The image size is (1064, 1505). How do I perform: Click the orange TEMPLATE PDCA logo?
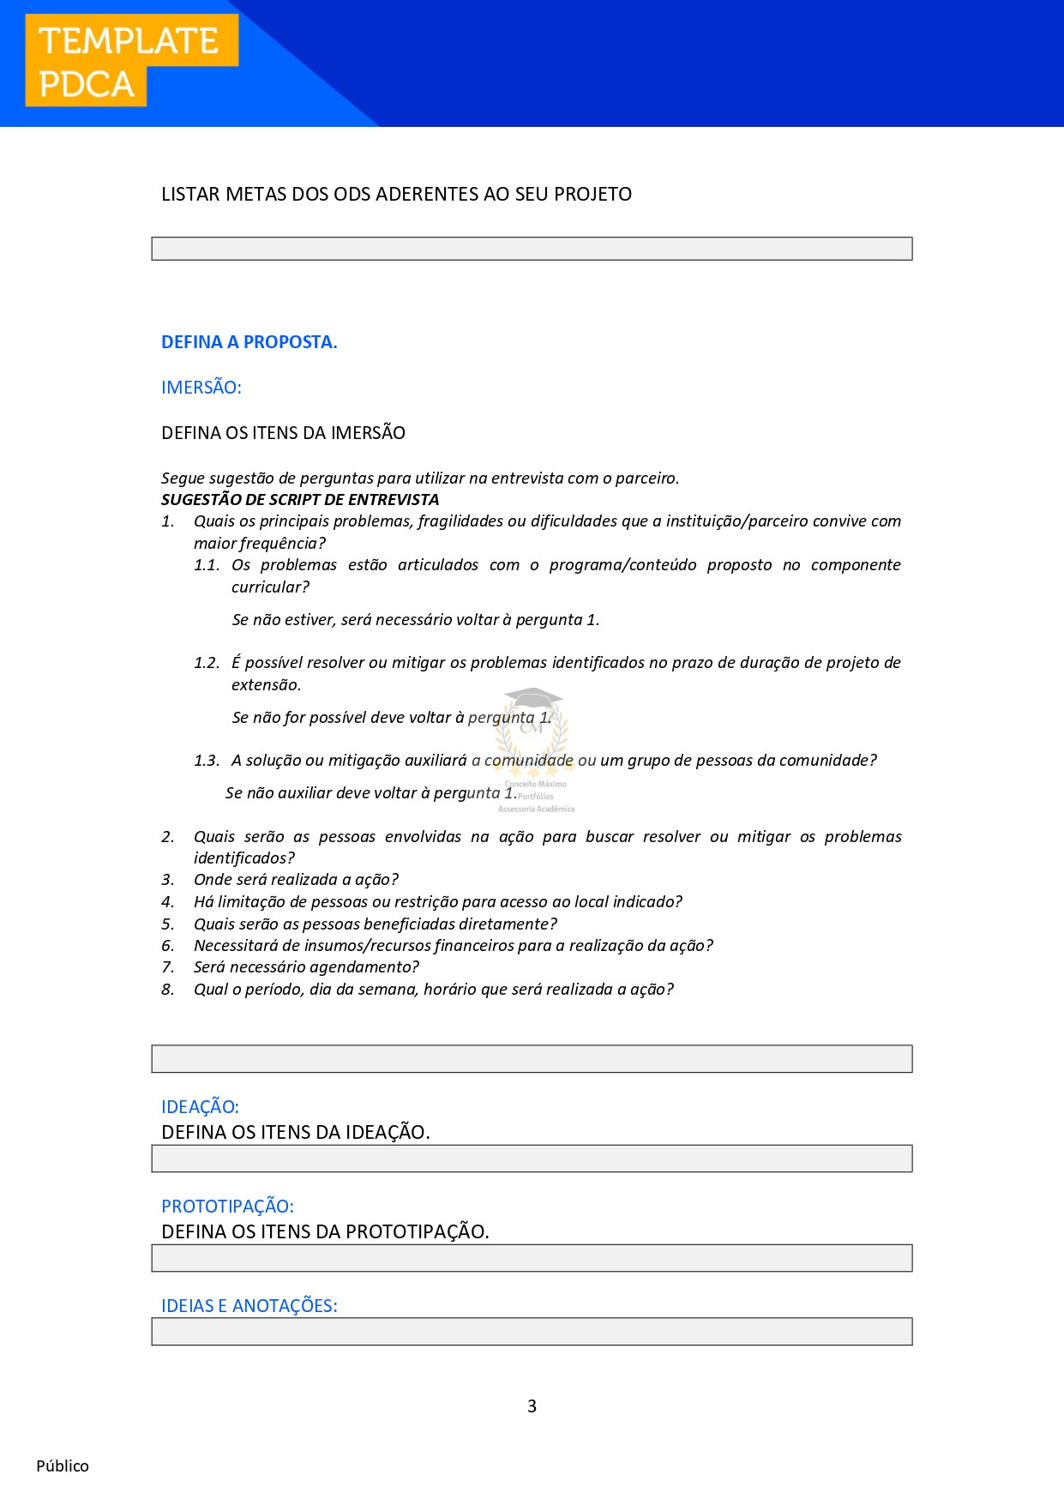click(130, 62)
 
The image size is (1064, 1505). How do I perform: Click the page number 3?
click(532, 1406)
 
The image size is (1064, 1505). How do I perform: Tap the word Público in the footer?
click(63, 1466)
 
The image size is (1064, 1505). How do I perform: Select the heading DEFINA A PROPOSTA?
click(249, 341)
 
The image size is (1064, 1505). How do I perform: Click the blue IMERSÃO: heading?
click(201, 387)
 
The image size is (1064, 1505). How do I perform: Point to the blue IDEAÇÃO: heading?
click(200, 1106)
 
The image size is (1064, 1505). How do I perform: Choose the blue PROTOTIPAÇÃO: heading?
click(227, 1206)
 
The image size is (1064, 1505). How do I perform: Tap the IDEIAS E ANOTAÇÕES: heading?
click(249, 1305)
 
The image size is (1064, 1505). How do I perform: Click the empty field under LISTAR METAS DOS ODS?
click(532, 249)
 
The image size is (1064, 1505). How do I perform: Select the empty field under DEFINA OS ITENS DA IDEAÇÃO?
click(532, 1159)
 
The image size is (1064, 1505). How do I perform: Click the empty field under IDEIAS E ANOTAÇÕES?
click(532, 1332)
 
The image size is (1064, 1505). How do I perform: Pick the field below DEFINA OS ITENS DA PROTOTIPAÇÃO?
click(532, 1258)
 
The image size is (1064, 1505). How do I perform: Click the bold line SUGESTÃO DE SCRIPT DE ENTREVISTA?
click(300, 499)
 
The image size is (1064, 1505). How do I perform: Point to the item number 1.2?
click(206, 662)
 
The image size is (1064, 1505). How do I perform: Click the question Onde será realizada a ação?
click(296, 879)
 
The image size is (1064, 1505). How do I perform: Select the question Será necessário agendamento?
click(306, 966)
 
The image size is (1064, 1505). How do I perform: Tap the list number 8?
click(167, 989)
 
